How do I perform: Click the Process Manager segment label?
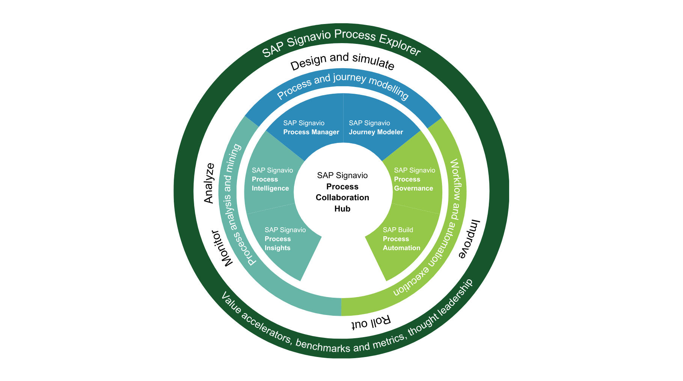[x=311, y=128]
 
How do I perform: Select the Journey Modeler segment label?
[x=375, y=128]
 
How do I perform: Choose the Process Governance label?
[x=414, y=180]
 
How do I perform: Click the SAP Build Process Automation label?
[x=401, y=239]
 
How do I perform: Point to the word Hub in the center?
[x=342, y=209]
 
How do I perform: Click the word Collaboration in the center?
[x=342, y=198]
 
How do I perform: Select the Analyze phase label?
[x=209, y=183]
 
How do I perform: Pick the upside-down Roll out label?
[x=371, y=322]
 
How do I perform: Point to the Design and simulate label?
[x=342, y=61]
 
